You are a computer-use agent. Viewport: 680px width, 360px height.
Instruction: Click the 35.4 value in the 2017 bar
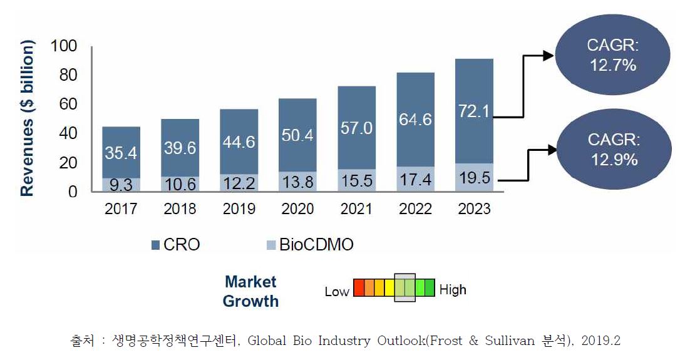pos(121,153)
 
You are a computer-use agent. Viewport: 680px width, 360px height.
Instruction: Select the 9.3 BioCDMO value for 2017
pos(121,185)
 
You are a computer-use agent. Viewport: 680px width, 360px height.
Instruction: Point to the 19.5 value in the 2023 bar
pos(474,180)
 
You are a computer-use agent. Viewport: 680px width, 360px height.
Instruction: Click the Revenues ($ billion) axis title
pos(27,119)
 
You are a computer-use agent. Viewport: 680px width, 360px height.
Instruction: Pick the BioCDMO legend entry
pos(316,245)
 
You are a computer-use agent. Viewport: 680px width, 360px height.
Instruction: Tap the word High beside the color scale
pos(452,290)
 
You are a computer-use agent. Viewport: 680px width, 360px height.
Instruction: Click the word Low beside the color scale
pos(337,292)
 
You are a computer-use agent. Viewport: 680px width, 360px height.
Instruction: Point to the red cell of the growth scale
pos(359,288)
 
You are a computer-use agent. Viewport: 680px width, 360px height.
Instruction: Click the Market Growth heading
pos(250,291)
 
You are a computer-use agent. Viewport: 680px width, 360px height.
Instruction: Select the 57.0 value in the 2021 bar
pos(356,128)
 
